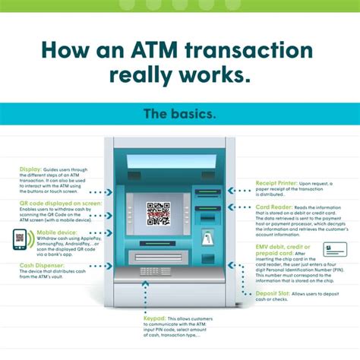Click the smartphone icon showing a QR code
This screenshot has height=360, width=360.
[20, 238]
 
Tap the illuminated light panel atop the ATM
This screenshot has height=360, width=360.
[165, 162]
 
